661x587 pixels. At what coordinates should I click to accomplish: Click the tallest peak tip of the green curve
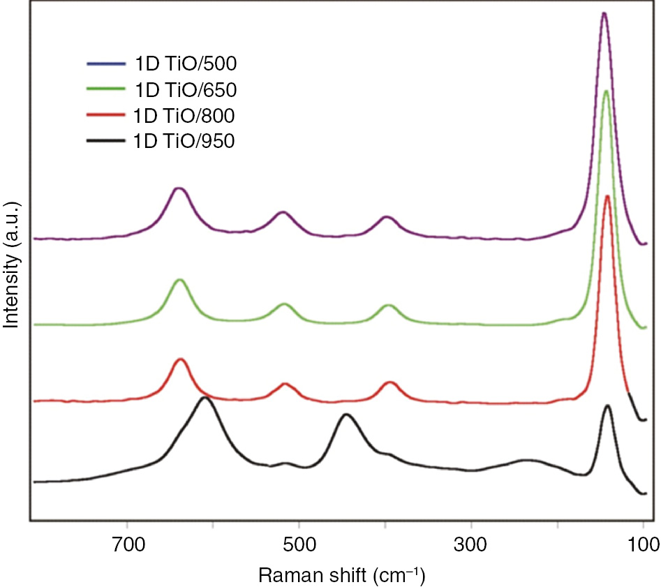pos(606,91)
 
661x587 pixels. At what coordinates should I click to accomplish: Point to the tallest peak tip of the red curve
pos(607,195)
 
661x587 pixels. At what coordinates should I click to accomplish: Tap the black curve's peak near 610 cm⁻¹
pos(205,397)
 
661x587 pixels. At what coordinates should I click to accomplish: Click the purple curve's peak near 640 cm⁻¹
pos(179,188)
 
